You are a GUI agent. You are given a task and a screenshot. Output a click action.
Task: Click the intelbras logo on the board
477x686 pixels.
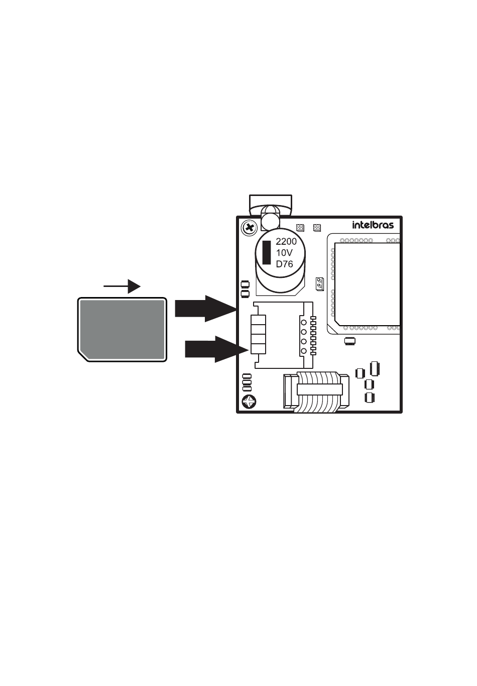(x=373, y=225)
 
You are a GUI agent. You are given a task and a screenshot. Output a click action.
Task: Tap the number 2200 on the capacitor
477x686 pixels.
(x=286, y=242)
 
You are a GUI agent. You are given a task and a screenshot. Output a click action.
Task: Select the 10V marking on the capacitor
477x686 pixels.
(x=284, y=253)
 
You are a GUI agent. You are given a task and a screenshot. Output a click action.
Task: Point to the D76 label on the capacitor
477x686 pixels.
(x=284, y=264)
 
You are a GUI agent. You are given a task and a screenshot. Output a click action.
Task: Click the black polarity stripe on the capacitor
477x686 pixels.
(x=267, y=252)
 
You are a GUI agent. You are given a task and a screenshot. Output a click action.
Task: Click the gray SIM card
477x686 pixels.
(x=122, y=330)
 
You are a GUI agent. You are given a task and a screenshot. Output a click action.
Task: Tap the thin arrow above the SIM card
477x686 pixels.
(x=122, y=286)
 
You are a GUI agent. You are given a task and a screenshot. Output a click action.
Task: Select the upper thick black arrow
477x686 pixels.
(x=205, y=309)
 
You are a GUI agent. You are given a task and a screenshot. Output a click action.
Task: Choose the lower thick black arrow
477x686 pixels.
(x=216, y=349)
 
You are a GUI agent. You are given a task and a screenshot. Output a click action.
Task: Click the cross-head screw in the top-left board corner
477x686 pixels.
(x=250, y=228)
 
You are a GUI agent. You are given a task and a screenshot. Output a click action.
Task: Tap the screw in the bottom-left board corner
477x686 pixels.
(x=250, y=402)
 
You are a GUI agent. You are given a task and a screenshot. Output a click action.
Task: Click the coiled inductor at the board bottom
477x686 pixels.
(x=316, y=391)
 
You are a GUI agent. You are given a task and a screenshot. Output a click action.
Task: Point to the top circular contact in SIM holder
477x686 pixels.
(x=304, y=322)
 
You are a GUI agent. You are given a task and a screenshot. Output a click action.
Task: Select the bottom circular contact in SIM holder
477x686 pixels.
(x=304, y=351)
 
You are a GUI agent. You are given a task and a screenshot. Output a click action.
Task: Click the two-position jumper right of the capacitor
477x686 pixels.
(x=319, y=284)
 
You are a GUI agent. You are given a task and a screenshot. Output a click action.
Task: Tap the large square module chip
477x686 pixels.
(x=367, y=284)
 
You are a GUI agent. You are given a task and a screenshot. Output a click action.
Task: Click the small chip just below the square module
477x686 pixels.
(x=350, y=341)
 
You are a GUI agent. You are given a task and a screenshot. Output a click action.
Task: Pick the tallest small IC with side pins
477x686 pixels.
(x=374, y=368)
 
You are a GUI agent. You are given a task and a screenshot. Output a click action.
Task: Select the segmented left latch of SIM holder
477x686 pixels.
(x=258, y=334)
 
